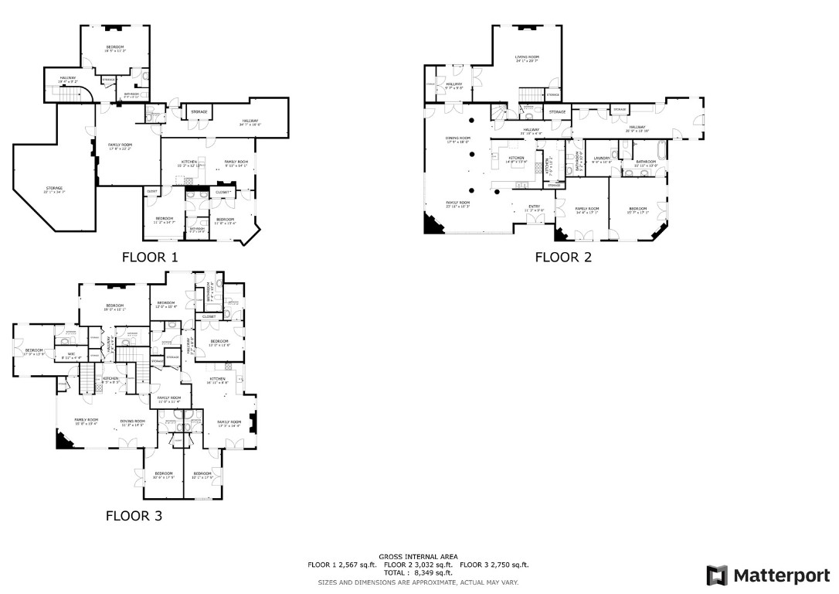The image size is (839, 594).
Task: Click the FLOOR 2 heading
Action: (563, 257)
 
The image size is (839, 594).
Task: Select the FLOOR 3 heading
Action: (134, 515)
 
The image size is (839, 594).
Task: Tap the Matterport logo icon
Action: (717, 575)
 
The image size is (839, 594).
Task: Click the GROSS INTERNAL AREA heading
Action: (418, 557)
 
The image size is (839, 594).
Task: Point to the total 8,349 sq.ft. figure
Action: (419, 573)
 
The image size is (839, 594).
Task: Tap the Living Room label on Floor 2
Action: (528, 57)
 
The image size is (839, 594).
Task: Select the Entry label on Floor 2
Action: (535, 206)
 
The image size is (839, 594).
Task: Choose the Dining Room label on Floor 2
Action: (458, 138)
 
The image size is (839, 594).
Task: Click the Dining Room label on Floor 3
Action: (133, 422)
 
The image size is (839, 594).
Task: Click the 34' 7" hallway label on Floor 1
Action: (250, 120)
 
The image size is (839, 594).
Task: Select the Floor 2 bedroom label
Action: (637, 209)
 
